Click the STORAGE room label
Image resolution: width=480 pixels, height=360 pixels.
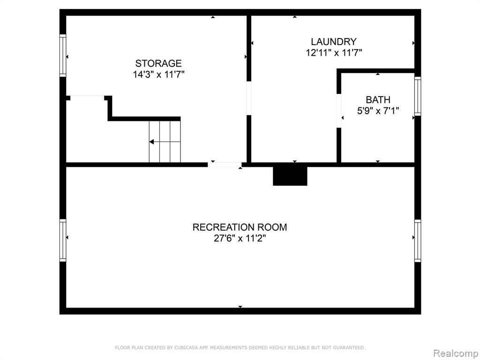(158, 63)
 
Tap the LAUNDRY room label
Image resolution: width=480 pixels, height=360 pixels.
(334, 42)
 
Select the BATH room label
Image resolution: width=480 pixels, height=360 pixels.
(378, 100)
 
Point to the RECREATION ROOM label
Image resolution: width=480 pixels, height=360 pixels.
(240, 227)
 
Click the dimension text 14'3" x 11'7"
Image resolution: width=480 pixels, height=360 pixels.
(158, 75)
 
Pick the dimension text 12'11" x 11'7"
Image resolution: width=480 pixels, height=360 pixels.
(334, 52)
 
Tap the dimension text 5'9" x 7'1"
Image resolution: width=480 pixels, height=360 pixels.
(378, 111)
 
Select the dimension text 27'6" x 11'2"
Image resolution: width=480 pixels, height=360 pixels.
(240, 238)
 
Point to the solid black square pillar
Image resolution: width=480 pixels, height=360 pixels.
(290, 176)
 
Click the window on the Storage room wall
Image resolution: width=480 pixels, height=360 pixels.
(63, 55)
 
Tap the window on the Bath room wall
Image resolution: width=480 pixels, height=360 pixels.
(418, 96)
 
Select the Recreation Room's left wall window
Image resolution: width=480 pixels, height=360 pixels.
(63, 240)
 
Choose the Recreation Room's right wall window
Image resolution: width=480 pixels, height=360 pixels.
(418, 240)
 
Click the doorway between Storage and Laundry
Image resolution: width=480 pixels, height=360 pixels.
(249, 98)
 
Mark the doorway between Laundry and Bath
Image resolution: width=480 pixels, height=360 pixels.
(339, 111)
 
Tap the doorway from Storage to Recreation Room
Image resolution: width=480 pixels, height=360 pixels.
(225, 165)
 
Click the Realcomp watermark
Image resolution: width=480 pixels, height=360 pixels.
(456, 353)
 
